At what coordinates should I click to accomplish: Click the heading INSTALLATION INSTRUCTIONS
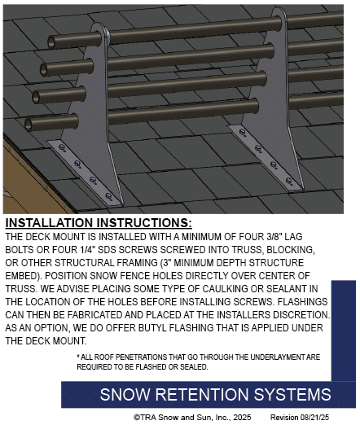pos(99,223)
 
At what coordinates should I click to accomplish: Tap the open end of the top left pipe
pos(51,42)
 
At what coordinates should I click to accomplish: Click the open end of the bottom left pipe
pos(29,125)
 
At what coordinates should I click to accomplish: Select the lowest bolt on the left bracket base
pos(108,196)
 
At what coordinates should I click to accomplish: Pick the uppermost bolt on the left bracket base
pos(62,147)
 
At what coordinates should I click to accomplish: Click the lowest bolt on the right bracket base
pos(289,181)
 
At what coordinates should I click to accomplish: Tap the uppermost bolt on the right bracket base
pos(243,133)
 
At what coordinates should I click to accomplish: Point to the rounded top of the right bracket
pos(279,12)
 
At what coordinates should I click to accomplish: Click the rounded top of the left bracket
pos(99,28)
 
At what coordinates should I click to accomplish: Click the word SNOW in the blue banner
pos(125,394)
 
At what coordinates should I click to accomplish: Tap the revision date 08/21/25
pos(314,417)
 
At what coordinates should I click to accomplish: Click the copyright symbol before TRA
pos(137,418)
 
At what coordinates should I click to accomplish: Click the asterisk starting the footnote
pos(78,356)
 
